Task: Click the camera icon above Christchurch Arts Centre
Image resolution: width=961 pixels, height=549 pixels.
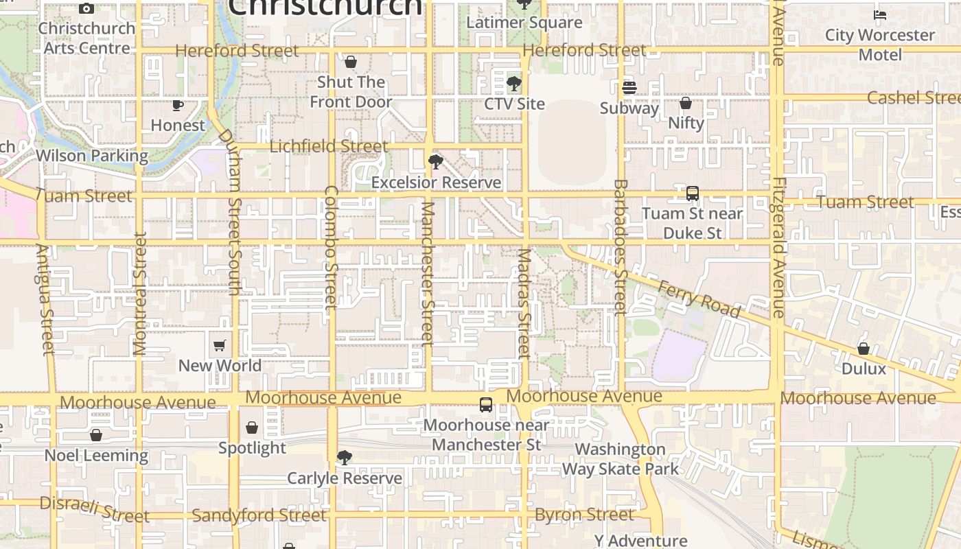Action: click(x=86, y=8)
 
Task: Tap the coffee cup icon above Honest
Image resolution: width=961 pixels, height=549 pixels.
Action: click(x=178, y=105)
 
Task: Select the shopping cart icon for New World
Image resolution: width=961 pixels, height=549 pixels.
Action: click(x=220, y=345)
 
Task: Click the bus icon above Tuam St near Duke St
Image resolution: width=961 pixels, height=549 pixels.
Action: click(x=693, y=194)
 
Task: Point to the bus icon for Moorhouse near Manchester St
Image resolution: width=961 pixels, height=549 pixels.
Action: click(x=486, y=405)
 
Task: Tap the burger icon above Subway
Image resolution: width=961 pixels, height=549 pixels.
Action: click(x=629, y=88)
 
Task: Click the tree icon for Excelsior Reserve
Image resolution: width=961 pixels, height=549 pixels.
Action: click(x=435, y=162)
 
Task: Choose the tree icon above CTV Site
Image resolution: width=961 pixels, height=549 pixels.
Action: click(x=513, y=84)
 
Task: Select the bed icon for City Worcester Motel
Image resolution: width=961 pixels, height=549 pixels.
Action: click(x=880, y=14)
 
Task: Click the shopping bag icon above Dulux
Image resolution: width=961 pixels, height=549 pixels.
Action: click(x=864, y=349)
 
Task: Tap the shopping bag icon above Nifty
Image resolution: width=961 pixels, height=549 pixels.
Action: click(x=685, y=103)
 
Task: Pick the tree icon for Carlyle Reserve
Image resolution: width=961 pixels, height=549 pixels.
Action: click(x=345, y=458)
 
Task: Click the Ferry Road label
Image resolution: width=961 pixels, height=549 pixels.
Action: click(x=699, y=299)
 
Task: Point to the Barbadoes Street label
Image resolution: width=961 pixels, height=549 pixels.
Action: click(x=621, y=247)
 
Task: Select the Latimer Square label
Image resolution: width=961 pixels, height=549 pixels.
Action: click(x=524, y=23)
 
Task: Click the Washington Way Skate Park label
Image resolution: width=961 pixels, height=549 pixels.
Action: click(x=621, y=459)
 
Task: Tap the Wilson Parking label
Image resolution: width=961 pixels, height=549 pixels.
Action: click(x=92, y=156)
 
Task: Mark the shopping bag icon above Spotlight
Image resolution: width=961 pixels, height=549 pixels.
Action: click(x=252, y=428)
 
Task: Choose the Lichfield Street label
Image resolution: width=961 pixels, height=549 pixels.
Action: click(x=329, y=146)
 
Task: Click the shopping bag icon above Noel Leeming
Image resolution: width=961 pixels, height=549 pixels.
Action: click(x=96, y=435)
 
